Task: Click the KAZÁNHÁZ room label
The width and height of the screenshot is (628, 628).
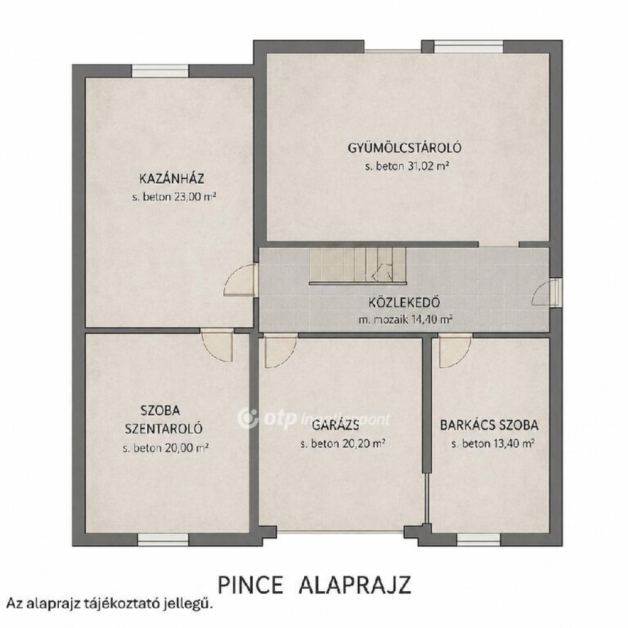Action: [x=172, y=178]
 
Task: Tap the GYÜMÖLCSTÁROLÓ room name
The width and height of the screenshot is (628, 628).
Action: [x=405, y=148]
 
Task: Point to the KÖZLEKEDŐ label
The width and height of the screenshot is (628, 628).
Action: [x=404, y=302]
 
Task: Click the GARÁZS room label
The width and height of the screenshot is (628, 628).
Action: [x=335, y=425]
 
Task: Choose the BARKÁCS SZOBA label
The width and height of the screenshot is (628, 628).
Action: [x=489, y=425]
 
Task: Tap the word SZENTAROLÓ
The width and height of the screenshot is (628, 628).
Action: [x=164, y=428]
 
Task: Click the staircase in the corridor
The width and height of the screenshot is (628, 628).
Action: [x=358, y=266]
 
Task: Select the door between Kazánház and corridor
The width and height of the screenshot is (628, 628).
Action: [x=240, y=280]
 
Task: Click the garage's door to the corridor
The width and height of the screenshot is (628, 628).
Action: [x=280, y=351]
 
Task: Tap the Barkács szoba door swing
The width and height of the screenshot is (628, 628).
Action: [x=454, y=351]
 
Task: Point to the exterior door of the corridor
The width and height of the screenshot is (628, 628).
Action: [x=546, y=293]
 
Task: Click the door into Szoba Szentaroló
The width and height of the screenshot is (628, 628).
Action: [x=216, y=345]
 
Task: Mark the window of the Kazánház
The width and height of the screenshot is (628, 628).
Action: [x=160, y=71]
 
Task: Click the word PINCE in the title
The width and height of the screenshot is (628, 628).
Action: [x=250, y=585]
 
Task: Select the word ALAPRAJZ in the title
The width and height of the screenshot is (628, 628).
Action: [x=355, y=585]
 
